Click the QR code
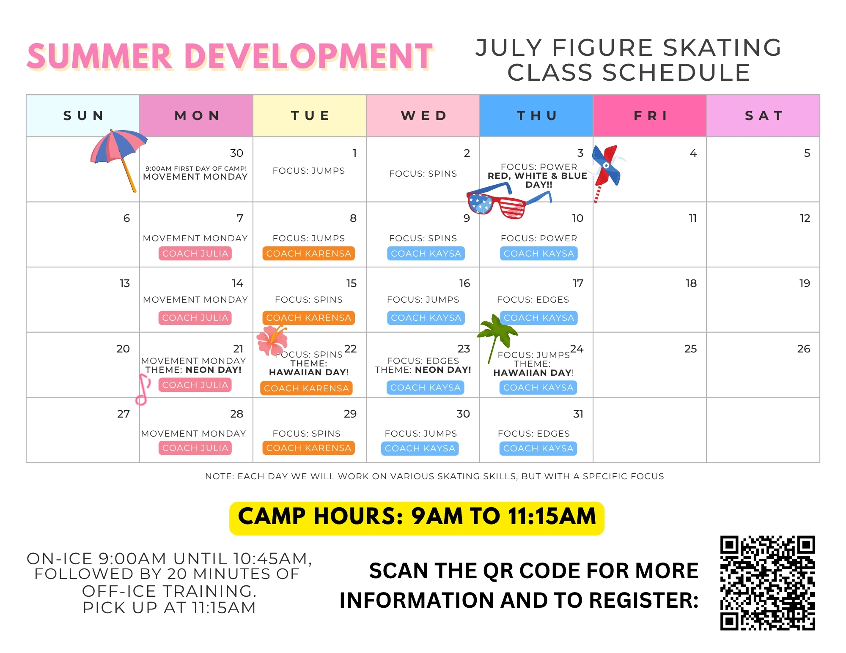click(767, 583)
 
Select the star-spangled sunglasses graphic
click(508, 202)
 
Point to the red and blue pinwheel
click(607, 169)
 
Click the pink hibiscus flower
click(272, 340)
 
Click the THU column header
click(536, 115)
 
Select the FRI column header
click(650, 115)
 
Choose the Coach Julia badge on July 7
click(195, 254)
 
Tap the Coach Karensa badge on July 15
click(308, 318)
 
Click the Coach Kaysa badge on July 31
click(538, 448)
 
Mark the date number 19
click(805, 283)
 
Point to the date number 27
click(124, 414)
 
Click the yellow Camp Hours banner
click(417, 518)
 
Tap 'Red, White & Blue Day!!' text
click(538, 180)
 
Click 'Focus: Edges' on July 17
click(533, 300)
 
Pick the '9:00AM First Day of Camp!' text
click(196, 168)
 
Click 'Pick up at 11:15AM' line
click(169, 608)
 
